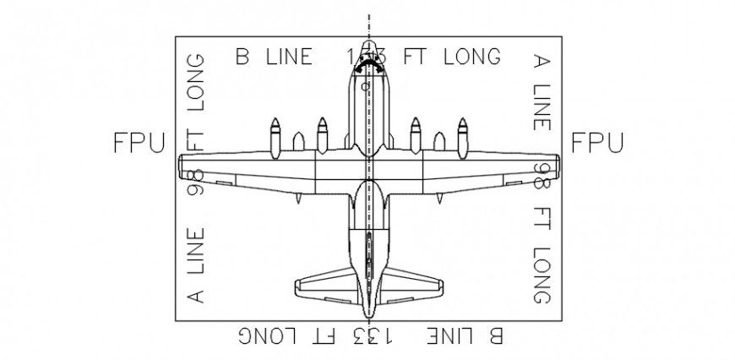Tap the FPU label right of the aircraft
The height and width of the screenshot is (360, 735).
597,143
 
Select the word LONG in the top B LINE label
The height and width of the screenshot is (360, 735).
465,57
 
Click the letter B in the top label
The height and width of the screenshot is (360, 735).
243,57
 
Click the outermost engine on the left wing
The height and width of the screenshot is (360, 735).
275,135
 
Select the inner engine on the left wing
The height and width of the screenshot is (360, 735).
322,135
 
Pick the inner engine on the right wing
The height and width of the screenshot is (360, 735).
415,135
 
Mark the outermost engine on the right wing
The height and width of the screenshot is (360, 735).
462,135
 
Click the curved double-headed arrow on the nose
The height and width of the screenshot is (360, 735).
367,65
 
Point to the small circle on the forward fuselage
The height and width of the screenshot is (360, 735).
364,86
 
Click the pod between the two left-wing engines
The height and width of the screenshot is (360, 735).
297,141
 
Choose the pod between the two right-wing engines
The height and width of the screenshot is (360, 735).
438,141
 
